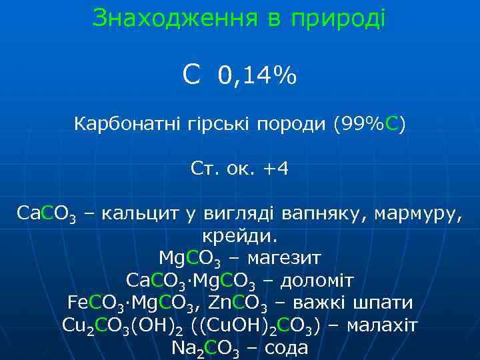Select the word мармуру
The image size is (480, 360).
[x=418, y=214]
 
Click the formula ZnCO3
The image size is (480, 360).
[x=236, y=303]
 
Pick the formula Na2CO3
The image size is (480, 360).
[x=204, y=348]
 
